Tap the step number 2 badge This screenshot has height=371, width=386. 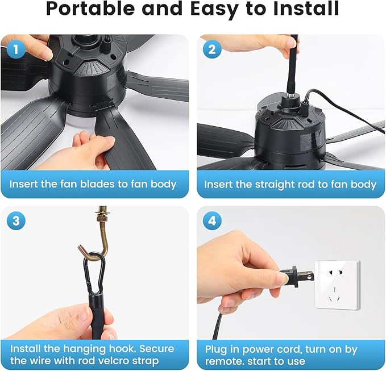click(x=212, y=49)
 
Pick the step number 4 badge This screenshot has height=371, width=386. click(x=212, y=220)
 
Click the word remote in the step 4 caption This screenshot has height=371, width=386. click(x=224, y=361)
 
